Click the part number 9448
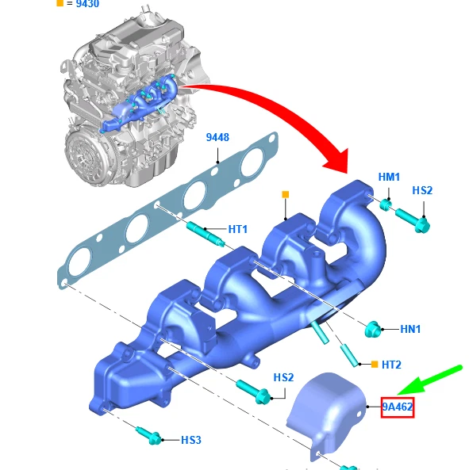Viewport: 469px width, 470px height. (217, 137)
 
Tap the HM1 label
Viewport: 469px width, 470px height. (389, 176)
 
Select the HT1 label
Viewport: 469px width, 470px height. (238, 229)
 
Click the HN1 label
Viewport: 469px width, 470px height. (410, 328)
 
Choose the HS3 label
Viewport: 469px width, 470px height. (191, 439)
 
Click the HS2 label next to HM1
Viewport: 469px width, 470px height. (422, 190)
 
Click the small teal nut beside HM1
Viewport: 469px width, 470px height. (384, 205)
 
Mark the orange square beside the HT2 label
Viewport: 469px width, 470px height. (373, 364)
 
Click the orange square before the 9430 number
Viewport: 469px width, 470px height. (60, 3)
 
